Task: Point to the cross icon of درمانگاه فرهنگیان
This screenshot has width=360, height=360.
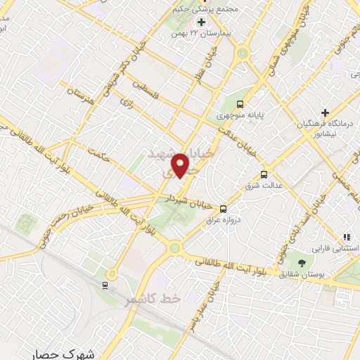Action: [325, 112]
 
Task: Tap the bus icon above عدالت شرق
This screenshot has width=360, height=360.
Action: [264, 174]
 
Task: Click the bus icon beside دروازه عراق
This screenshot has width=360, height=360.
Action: [223, 209]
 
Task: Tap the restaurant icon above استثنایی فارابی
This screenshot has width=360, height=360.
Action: [346, 238]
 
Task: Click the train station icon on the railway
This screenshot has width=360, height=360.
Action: [105, 284]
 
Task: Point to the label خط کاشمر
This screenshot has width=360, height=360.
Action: [153, 300]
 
